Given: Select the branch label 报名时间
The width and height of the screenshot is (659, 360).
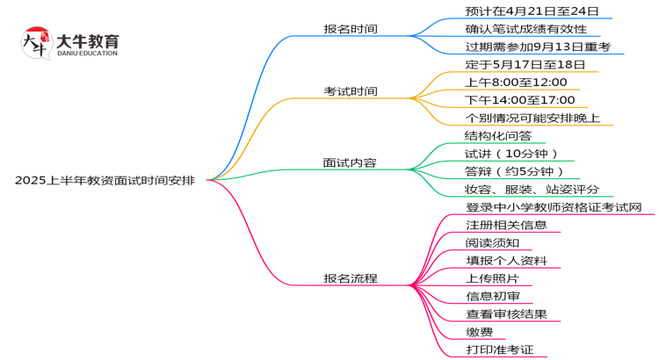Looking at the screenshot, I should (x=351, y=29).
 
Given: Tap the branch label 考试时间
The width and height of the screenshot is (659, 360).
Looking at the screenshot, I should (x=351, y=91).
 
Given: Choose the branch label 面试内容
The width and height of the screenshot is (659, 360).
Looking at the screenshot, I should (x=351, y=162).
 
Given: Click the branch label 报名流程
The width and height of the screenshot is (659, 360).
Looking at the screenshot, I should (x=351, y=278).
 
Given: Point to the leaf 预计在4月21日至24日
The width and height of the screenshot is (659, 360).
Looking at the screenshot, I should (x=532, y=11).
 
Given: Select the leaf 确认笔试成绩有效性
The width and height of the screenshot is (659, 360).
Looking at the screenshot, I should (x=525, y=29).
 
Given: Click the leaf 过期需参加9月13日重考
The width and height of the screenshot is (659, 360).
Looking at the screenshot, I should (x=539, y=47).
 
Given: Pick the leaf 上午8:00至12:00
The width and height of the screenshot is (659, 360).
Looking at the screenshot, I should (x=516, y=83).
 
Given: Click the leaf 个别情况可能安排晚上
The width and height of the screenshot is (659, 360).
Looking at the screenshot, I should (x=532, y=118).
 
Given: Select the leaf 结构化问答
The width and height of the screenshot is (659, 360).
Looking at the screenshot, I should (x=498, y=136).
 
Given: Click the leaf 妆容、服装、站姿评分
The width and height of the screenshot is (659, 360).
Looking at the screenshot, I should (x=532, y=190).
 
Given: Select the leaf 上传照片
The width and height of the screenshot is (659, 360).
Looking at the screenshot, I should (x=492, y=278).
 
